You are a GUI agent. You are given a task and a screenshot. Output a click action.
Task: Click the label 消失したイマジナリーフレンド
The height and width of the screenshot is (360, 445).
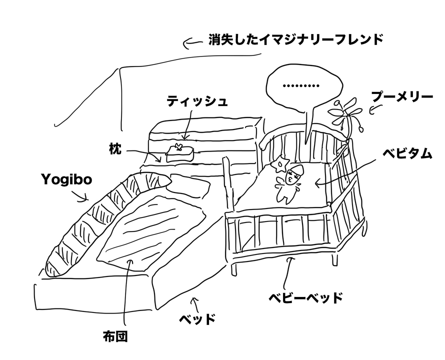click(x=295, y=40)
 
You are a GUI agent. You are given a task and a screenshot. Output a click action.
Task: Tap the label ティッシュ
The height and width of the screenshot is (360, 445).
click(x=197, y=101)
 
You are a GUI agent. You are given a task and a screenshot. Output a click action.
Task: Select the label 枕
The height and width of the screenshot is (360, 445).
click(x=115, y=148)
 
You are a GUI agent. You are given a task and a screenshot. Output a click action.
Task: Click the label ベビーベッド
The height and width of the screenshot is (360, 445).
click(x=305, y=298)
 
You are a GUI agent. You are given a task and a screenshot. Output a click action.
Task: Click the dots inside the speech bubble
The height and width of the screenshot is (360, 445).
click(x=300, y=85)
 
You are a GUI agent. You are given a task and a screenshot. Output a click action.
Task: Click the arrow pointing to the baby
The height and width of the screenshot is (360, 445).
click(x=340, y=177)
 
